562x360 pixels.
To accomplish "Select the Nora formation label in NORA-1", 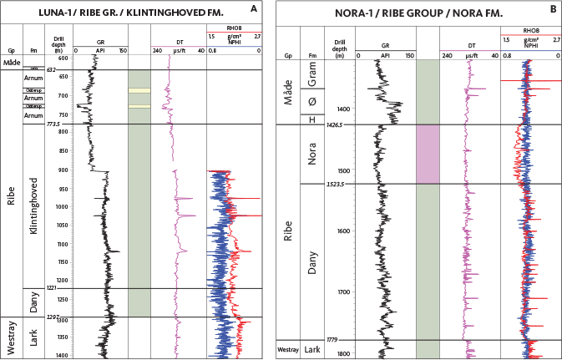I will [312, 155].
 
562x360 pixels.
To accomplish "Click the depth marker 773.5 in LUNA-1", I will [58, 124].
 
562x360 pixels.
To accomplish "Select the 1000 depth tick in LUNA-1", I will [63, 206].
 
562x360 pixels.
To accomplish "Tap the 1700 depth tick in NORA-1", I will [338, 292].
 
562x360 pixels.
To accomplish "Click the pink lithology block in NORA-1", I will [428, 155].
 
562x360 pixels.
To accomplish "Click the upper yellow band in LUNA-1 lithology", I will [139, 90].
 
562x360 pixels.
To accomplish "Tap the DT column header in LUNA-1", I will [177, 44].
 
